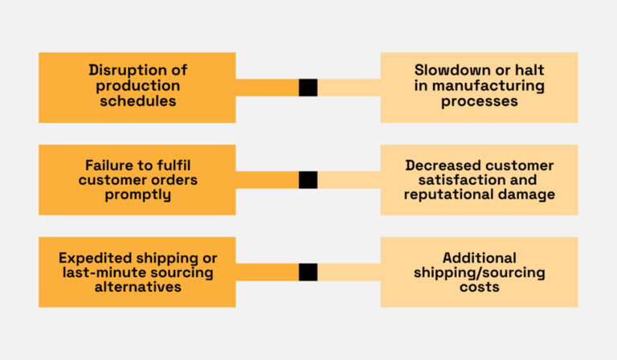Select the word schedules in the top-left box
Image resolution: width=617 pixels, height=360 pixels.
137,102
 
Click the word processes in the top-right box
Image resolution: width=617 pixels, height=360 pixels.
479,102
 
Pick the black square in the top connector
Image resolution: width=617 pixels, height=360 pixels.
308,88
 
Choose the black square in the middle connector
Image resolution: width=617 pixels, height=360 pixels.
308,180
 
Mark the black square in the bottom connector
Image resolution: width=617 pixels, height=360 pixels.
308,272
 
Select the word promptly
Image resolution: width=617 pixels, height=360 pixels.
137,195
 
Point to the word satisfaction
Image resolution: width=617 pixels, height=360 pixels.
468,180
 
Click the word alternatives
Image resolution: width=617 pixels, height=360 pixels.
137,287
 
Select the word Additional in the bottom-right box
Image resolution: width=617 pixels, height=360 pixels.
479,258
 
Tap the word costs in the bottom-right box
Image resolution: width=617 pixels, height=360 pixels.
479,287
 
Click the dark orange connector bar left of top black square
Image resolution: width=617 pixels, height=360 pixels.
267,88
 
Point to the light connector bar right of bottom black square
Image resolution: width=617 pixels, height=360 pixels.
349,272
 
